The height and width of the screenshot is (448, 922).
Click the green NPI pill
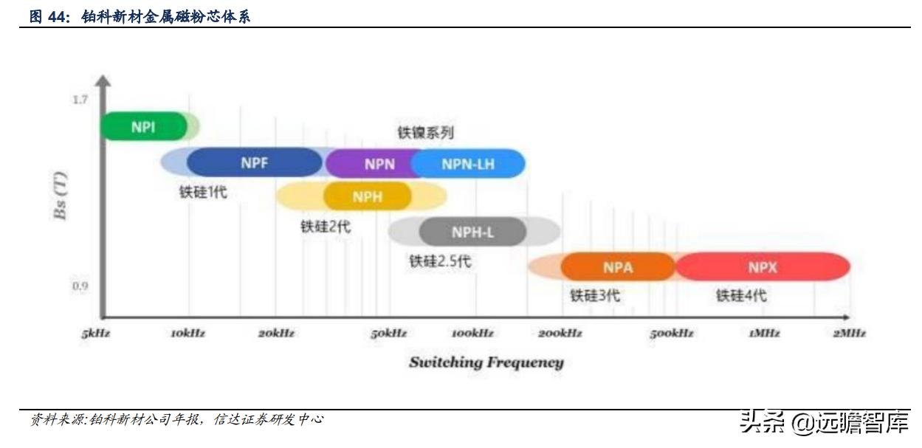(143, 126)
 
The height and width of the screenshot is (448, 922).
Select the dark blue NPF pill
(254, 163)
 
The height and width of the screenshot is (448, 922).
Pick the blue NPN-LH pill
(468, 164)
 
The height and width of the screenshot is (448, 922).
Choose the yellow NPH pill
(367, 197)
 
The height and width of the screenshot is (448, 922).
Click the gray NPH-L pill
(472, 232)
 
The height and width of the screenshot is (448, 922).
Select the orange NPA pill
(618, 267)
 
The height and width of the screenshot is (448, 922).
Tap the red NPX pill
(763, 267)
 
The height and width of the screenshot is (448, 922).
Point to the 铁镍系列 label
(425, 134)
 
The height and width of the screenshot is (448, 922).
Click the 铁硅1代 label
(203, 193)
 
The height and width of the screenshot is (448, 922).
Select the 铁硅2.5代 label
(440, 261)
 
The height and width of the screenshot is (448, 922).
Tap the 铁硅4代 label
(740, 296)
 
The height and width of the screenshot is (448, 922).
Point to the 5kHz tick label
(96, 334)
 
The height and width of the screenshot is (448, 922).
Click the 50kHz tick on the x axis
(388, 334)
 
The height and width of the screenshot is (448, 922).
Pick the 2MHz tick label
(849, 334)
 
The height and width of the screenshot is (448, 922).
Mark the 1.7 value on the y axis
(80, 99)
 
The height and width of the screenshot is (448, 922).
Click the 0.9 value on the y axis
(80, 286)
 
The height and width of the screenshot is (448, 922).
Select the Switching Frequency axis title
(486, 362)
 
